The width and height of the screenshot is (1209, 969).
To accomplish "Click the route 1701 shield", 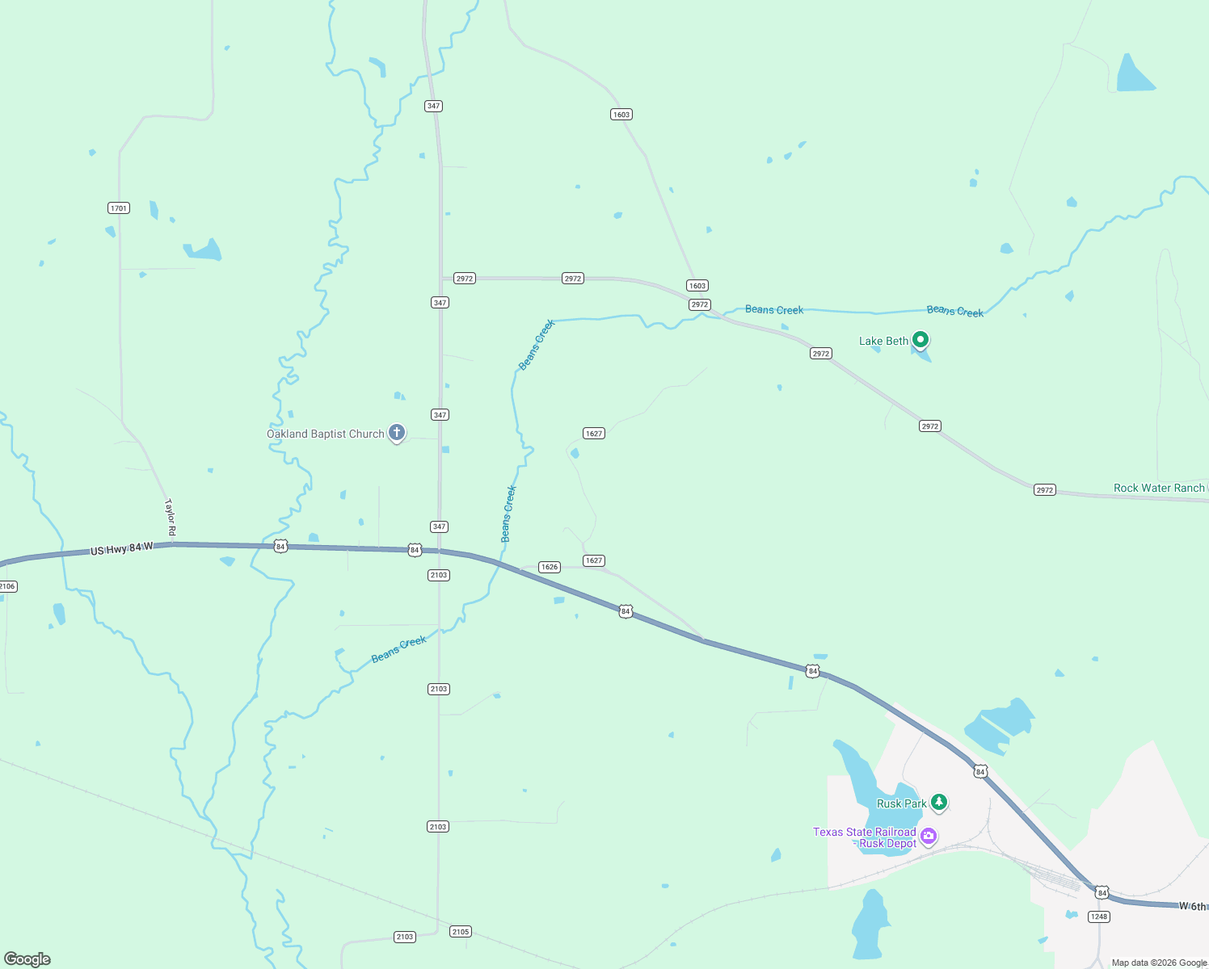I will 119,208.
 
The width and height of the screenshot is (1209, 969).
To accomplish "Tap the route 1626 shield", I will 550,567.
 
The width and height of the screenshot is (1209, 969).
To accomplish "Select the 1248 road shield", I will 1099,917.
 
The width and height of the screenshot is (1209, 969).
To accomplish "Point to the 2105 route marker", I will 461,932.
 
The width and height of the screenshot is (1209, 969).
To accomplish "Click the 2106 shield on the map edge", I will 6,586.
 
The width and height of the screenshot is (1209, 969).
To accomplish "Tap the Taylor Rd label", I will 170,518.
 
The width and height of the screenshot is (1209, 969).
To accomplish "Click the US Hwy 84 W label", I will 121,549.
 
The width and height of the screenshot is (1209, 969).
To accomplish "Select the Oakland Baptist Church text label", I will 326,434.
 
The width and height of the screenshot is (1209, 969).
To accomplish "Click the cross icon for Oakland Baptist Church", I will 397,433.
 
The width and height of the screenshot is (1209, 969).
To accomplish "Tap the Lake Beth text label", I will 883,341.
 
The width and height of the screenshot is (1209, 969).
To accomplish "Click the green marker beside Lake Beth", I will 920,339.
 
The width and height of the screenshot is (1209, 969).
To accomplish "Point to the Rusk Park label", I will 901,803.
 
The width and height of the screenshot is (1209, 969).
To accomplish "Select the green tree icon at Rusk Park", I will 938,802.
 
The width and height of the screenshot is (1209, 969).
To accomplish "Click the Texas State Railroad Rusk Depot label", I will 865,837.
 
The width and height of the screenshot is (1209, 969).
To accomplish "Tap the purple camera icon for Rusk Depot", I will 929,836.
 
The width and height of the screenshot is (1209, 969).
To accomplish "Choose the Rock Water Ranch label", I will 1159,488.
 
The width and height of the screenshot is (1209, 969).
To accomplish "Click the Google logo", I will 27,959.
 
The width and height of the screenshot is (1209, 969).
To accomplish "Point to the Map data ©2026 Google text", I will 1159,963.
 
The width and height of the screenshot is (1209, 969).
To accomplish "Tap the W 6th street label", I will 1193,906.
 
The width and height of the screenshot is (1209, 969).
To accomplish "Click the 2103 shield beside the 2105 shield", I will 405,937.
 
